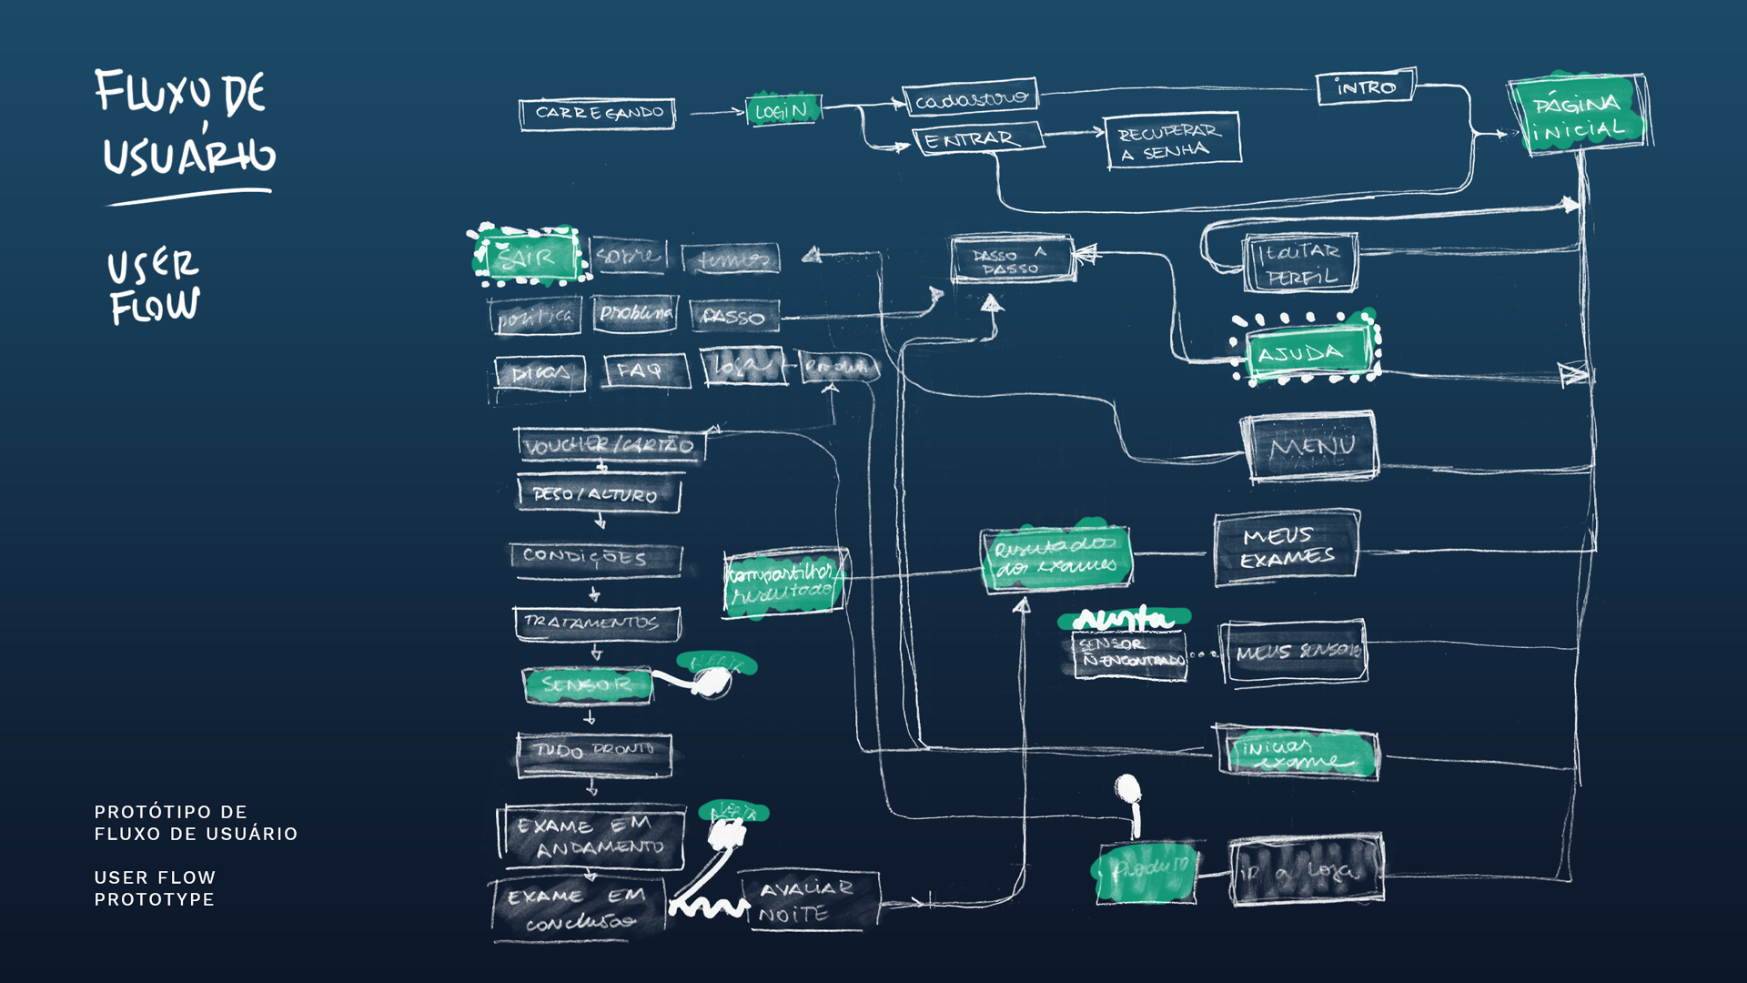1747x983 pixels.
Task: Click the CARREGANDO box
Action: click(x=597, y=114)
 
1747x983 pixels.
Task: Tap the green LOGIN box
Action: click(x=783, y=110)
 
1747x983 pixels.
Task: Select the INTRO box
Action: click(x=1365, y=87)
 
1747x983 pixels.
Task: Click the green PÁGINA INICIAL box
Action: click(x=1579, y=115)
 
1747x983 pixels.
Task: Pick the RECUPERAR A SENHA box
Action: click(x=1172, y=141)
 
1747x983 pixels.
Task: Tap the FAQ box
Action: click(x=644, y=370)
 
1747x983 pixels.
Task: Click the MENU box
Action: click(x=1310, y=446)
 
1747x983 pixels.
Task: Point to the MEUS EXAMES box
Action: click(x=1287, y=547)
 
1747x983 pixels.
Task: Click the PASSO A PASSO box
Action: click(x=1011, y=260)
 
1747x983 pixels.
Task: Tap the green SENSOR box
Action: click(x=588, y=684)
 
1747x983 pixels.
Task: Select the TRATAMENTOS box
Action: click(x=596, y=623)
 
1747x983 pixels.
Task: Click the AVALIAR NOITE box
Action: click(x=808, y=900)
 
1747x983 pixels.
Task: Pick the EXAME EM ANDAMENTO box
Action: click(x=592, y=836)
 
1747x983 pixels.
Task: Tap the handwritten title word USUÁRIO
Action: click(x=188, y=156)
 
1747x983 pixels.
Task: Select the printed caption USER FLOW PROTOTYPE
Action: click(x=155, y=888)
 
